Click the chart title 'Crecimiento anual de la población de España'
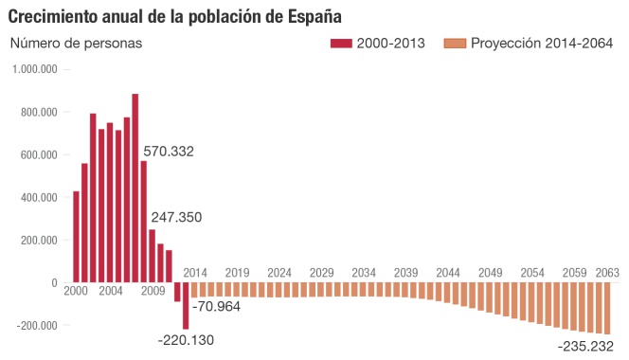[x=175, y=16]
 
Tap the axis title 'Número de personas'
[x=75, y=44]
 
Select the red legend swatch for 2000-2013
[x=340, y=44]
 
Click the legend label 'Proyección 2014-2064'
[x=544, y=44]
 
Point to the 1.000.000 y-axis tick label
[x=35, y=70]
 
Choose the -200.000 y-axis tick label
[x=36, y=326]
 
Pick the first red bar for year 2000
[x=76, y=237]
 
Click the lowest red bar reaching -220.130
[x=186, y=306]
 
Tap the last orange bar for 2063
[x=608, y=308]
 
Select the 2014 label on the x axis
[x=196, y=273]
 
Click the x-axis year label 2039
[x=405, y=273]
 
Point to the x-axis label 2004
[x=110, y=291]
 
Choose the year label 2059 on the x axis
[x=573, y=273]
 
